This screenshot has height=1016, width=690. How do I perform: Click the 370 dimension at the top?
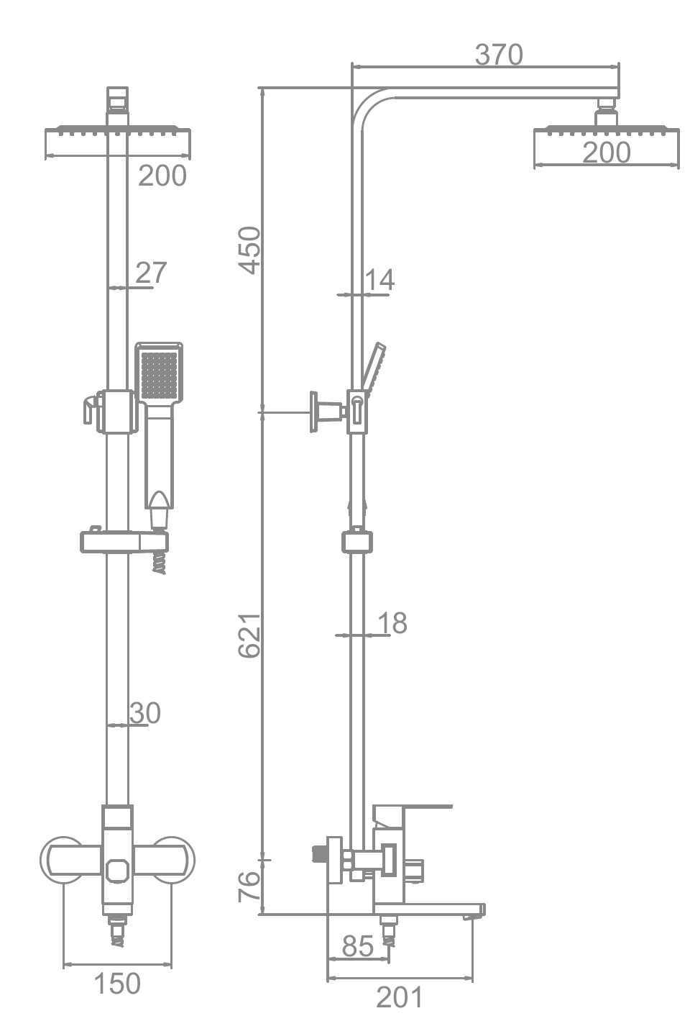coord(499,55)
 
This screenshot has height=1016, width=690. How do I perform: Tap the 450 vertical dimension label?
coord(250,250)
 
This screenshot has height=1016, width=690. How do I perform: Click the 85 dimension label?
coord(358,946)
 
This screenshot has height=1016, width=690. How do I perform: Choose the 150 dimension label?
coord(117,984)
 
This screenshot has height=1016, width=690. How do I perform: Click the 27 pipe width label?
coord(152,272)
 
